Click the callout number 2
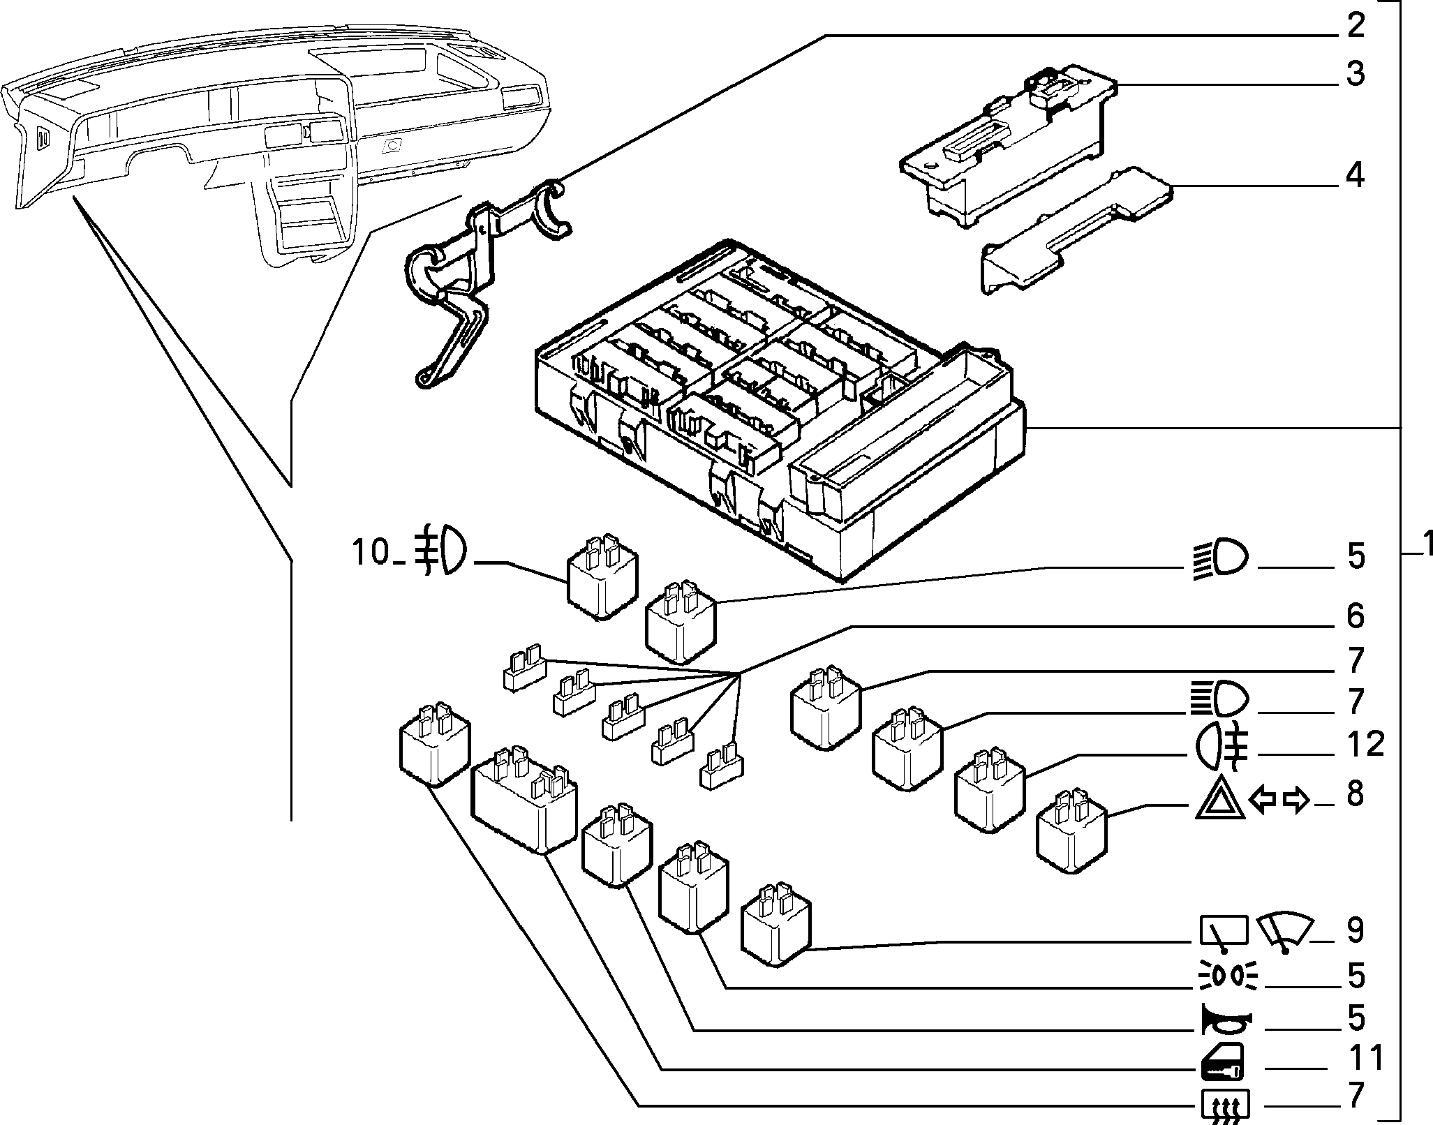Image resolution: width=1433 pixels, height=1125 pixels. (x=1354, y=27)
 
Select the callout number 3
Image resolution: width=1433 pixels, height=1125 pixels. (x=1354, y=74)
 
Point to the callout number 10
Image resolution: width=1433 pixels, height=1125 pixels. (x=370, y=553)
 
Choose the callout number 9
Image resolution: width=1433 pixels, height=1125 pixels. (x=1354, y=930)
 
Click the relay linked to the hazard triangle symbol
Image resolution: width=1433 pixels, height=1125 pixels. (x=1071, y=831)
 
